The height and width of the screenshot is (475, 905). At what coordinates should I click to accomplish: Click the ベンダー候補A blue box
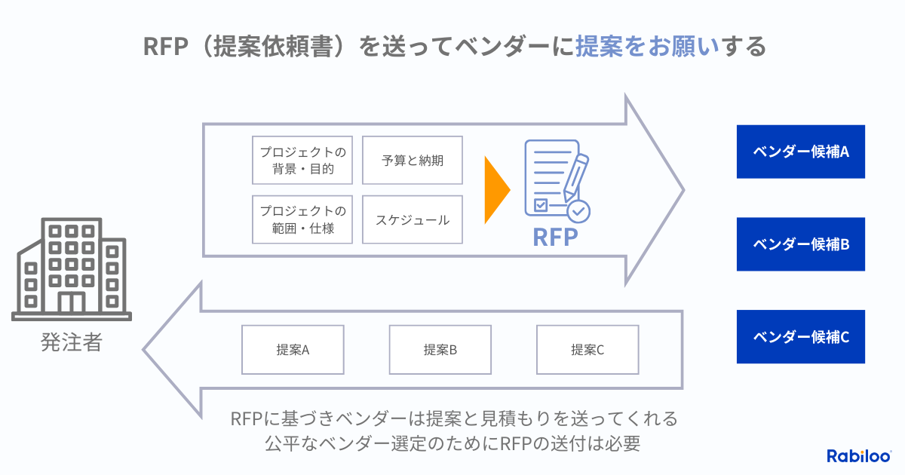pyautogui.click(x=800, y=152)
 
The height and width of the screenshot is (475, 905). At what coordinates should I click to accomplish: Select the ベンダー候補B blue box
pyautogui.click(x=800, y=244)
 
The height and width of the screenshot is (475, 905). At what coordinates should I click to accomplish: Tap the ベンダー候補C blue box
pyautogui.click(x=800, y=336)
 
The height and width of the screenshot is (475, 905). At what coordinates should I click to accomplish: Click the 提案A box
pyautogui.click(x=293, y=350)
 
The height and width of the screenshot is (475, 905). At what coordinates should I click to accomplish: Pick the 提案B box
pyautogui.click(x=440, y=350)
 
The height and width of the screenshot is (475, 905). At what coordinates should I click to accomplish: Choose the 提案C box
pyautogui.click(x=587, y=350)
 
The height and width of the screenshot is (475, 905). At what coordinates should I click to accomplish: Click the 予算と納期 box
pyautogui.click(x=412, y=161)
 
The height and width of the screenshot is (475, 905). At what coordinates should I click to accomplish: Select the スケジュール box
pyautogui.click(x=412, y=219)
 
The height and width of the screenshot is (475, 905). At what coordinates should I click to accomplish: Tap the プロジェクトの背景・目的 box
pyautogui.click(x=302, y=161)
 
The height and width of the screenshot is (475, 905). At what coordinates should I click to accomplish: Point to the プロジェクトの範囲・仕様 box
pyautogui.click(x=302, y=219)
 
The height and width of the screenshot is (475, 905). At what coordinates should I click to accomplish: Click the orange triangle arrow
pyautogui.click(x=495, y=190)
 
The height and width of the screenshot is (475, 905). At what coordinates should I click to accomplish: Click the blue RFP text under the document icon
pyautogui.click(x=556, y=237)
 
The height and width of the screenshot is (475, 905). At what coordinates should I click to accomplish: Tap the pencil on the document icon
pyautogui.click(x=576, y=177)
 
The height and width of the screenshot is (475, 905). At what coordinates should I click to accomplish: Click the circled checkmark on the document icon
pyautogui.click(x=578, y=211)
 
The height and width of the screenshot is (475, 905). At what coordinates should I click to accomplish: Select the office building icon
pyautogui.click(x=72, y=269)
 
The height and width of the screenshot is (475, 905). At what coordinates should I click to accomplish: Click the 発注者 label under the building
pyautogui.click(x=72, y=342)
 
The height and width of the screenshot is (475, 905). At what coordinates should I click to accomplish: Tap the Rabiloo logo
pyautogui.click(x=859, y=456)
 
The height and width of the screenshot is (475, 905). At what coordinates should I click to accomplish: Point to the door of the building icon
pyautogui.click(x=72, y=302)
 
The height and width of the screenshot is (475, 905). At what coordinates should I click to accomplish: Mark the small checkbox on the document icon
pyautogui.click(x=541, y=205)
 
